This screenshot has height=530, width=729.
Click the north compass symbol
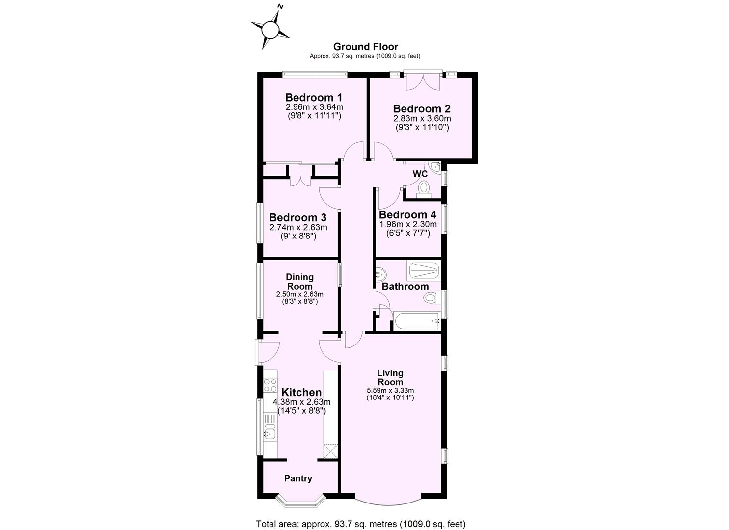[270, 29]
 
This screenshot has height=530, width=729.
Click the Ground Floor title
[365, 47]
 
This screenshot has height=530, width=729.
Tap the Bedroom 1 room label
[314, 97]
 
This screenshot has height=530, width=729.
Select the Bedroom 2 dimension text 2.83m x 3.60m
[422, 118]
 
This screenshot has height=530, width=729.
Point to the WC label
[420, 174]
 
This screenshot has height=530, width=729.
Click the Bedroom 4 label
[407, 214]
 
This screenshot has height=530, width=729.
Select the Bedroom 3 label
[297, 217]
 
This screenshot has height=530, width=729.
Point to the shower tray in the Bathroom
[424, 270]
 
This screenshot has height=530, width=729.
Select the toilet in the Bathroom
[431, 297]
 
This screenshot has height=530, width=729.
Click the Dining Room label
[299, 282]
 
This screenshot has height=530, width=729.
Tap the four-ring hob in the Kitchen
[270, 385]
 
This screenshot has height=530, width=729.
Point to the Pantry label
[298, 478]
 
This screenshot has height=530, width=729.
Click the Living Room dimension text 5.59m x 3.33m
[390, 390]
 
